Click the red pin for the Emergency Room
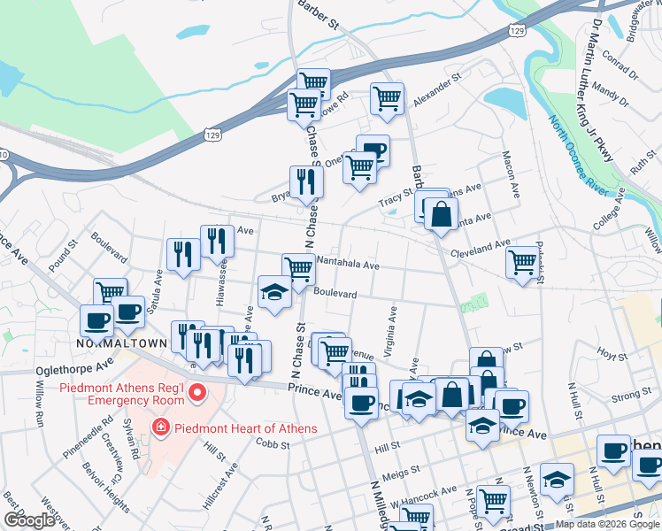tap(198, 392)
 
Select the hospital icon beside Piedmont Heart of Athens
tap(161, 429)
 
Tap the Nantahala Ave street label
tap(348, 265)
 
